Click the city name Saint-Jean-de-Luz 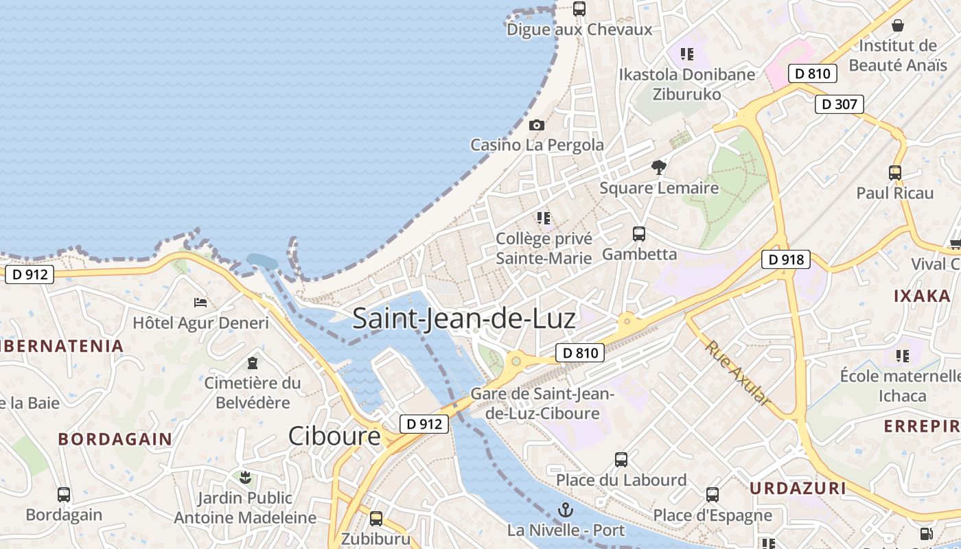464,319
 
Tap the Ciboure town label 334,436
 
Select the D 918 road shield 785,259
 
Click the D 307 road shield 839,104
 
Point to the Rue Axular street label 737,373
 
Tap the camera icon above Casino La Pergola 537,126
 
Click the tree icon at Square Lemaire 659,167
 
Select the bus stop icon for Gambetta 639,234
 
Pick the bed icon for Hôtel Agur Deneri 200,302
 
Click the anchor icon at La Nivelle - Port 566,510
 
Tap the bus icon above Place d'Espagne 713,495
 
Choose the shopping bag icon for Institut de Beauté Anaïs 897,26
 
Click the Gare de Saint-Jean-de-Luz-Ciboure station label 542,404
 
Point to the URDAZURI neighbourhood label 797,489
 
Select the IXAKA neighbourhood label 922,296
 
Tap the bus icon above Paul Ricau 895,173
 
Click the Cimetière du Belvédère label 253,393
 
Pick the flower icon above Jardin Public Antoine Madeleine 245,477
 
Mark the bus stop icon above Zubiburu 376,519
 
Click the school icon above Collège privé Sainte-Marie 544,218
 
